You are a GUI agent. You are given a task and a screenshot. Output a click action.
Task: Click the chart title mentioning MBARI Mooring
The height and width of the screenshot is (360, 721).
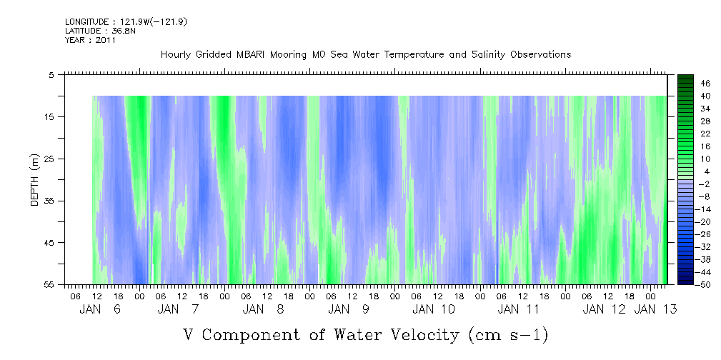click(365, 54)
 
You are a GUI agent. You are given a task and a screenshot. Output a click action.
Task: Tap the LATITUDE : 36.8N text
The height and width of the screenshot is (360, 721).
click(91, 31)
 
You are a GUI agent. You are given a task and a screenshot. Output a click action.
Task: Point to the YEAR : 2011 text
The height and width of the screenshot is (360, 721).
click(89, 40)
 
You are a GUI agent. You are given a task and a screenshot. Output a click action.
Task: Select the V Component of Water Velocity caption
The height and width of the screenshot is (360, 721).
click(365, 334)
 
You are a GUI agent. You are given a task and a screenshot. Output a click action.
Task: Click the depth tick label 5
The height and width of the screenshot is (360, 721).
click(52, 74)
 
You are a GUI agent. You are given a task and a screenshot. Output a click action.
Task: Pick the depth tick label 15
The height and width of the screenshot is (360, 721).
click(51, 116)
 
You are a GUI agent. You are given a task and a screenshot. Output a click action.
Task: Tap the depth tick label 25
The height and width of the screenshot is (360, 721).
click(51, 159)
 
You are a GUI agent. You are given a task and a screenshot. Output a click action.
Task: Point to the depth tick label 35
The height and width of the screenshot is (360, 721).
click(51, 201)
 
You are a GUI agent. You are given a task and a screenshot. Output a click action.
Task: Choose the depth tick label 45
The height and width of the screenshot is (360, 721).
click(51, 243)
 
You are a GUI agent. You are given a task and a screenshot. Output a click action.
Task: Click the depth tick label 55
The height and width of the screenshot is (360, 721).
click(51, 284)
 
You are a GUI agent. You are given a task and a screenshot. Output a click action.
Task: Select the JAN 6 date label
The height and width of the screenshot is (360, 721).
click(100, 309)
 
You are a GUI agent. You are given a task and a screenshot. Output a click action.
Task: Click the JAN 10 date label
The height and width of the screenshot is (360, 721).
click(433, 309)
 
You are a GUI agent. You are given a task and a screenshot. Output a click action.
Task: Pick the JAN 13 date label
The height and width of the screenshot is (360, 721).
click(655, 309)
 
